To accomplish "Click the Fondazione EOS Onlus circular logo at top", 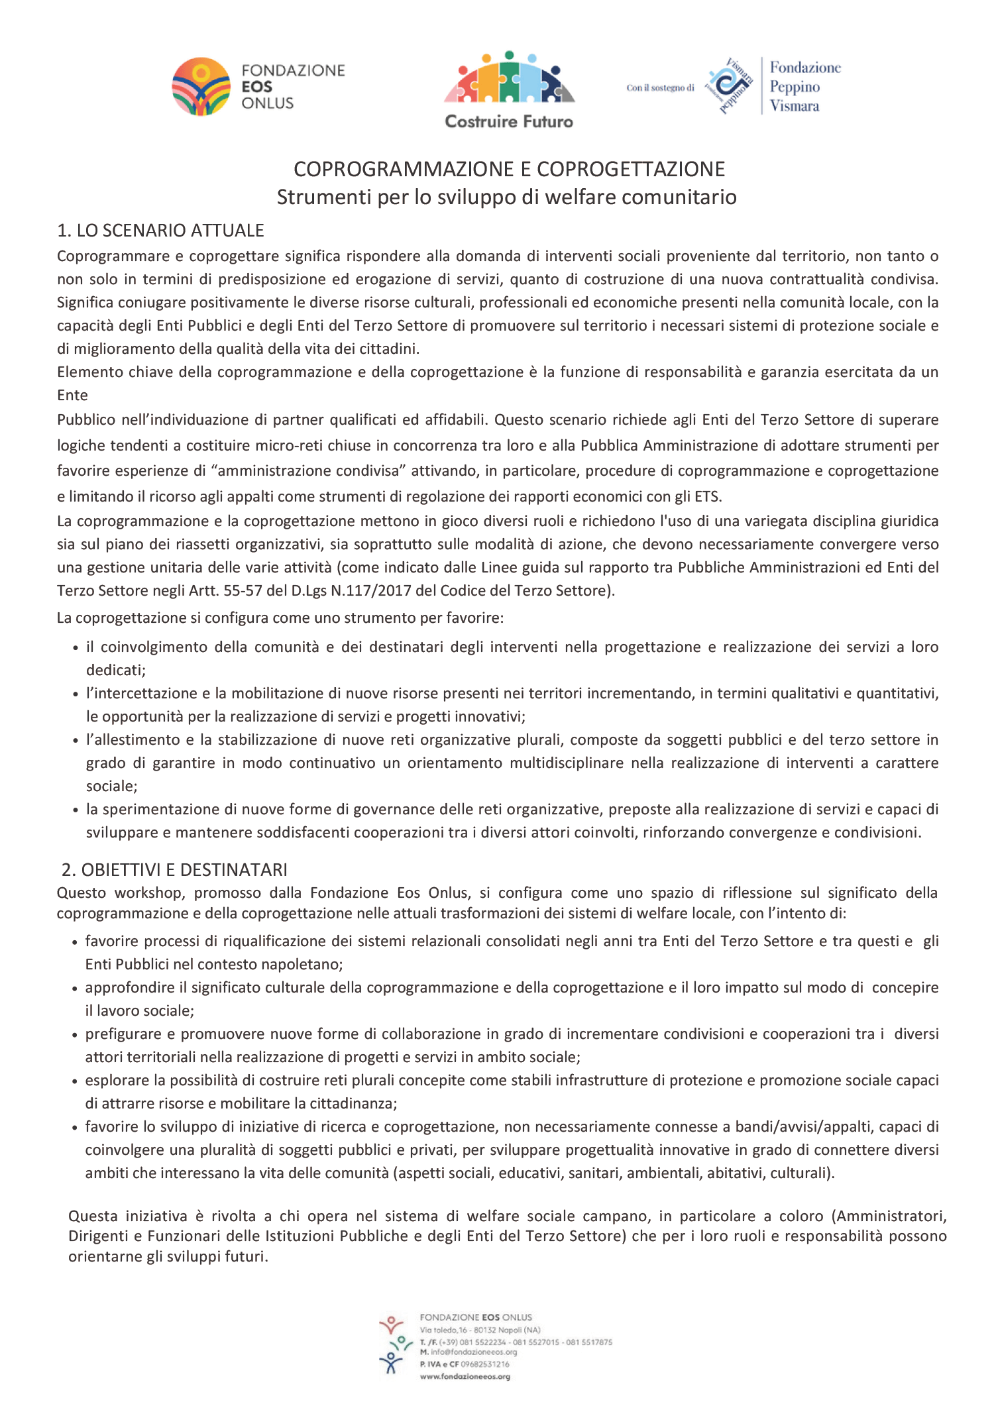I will click(x=201, y=87).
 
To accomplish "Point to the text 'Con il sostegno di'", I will click(x=660, y=87).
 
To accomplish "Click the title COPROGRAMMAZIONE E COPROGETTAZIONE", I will click(x=509, y=169).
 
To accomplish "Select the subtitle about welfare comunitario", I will click(x=506, y=197).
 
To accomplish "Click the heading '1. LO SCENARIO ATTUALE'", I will click(x=160, y=230).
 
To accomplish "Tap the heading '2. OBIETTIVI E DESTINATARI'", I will click(x=174, y=869).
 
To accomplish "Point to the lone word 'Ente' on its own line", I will click(x=72, y=395).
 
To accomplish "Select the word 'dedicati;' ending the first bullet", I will click(x=116, y=670).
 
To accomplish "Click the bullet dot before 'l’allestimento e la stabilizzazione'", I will click(x=76, y=740).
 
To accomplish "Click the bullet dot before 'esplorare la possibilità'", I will click(x=76, y=1081).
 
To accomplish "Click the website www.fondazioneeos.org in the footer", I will click(x=465, y=1376).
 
